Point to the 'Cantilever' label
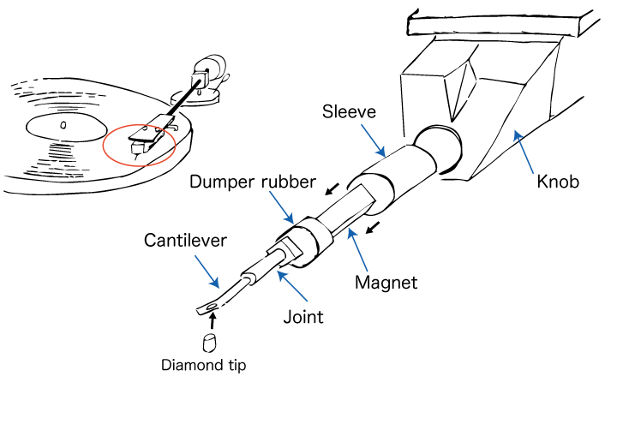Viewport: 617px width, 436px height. (x=185, y=240)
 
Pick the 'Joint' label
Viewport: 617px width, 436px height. (x=303, y=317)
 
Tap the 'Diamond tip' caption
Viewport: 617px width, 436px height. (x=204, y=366)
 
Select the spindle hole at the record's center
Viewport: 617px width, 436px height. (x=63, y=125)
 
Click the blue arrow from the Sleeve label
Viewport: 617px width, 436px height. (x=374, y=139)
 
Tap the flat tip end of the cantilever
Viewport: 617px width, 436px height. (x=207, y=307)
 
